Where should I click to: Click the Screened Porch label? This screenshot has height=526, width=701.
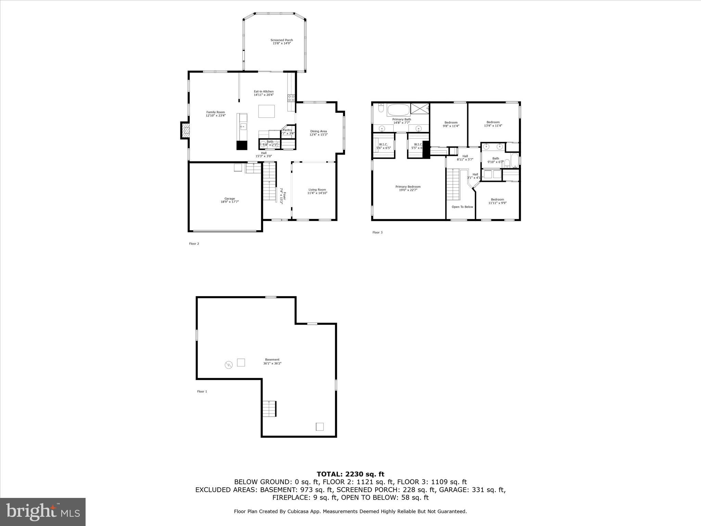click(x=281, y=40)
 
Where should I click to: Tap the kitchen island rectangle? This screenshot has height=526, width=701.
click(x=266, y=111)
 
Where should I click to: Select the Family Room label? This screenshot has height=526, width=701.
click(x=215, y=112)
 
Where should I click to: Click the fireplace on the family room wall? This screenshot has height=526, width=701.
click(x=185, y=130)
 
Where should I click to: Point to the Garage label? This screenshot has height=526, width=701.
click(x=229, y=199)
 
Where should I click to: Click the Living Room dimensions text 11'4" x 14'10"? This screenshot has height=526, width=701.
click(x=317, y=193)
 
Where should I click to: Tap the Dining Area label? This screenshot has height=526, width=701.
click(x=318, y=131)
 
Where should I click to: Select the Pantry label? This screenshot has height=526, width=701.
click(x=287, y=130)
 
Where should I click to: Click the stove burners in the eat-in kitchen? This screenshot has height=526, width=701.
click(x=291, y=98)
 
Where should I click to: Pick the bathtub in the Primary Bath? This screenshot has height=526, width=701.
click(x=398, y=110)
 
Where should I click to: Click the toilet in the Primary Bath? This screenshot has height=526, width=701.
click(x=381, y=109)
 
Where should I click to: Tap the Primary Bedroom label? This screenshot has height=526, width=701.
click(x=408, y=187)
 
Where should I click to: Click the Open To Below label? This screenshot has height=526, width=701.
click(x=462, y=207)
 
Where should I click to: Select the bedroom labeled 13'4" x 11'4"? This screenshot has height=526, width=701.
click(x=493, y=122)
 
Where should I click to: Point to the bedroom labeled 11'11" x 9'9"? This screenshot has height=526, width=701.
click(x=497, y=200)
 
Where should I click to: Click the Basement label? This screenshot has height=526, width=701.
click(x=272, y=360)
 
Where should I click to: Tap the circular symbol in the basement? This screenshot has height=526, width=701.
click(x=228, y=365)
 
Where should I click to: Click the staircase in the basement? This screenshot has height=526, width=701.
click(x=269, y=408)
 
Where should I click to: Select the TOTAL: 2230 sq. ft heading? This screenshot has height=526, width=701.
click(x=350, y=474)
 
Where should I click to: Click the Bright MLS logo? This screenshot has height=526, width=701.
click(x=43, y=512)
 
